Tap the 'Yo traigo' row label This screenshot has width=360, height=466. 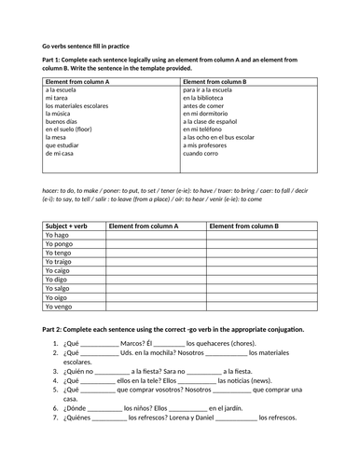point(60,262)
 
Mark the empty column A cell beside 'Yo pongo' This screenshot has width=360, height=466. point(155,251)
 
